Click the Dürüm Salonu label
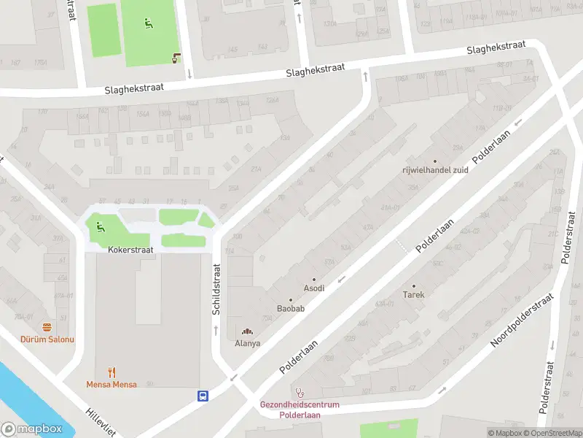[x=47, y=339]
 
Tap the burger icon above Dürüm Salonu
[x=47, y=327]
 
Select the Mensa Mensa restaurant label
[x=111, y=384]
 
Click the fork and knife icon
[x=111, y=372]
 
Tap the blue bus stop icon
[x=203, y=396]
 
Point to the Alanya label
[x=247, y=342]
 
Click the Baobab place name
[x=290, y=309]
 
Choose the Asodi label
[x=314, y=288]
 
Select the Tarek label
[x=413, y=295]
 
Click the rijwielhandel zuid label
[x=435, y=170]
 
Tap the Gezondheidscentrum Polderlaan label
[x=300, y=410]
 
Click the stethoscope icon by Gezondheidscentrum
[x=299, y=392]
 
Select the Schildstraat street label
[x=216, y=289]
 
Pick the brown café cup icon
[x=176, y=58]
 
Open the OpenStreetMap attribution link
[x=554, y=433]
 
